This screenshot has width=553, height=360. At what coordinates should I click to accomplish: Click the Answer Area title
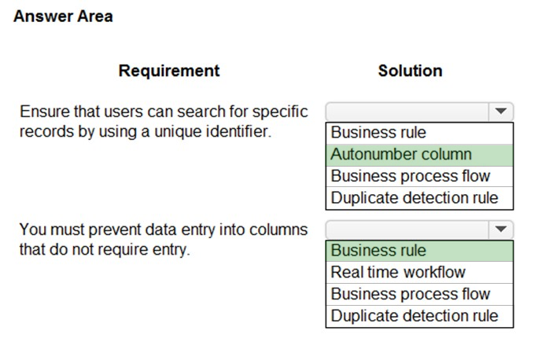[63, 17]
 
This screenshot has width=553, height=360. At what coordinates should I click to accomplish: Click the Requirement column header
[169, 71]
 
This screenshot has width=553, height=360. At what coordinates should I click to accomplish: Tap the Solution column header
[410, 71]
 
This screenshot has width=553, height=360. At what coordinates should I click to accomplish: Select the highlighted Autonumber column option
[419, 155]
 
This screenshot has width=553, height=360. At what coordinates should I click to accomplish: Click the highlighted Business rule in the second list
[419, 251]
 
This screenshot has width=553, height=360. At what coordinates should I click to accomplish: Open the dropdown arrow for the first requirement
[501, 112]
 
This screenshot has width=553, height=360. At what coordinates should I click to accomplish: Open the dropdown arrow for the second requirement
[501, 230]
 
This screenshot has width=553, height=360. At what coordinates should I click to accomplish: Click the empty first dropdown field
[407, 112]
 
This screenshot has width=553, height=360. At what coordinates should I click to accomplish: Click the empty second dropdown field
[407, 230]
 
